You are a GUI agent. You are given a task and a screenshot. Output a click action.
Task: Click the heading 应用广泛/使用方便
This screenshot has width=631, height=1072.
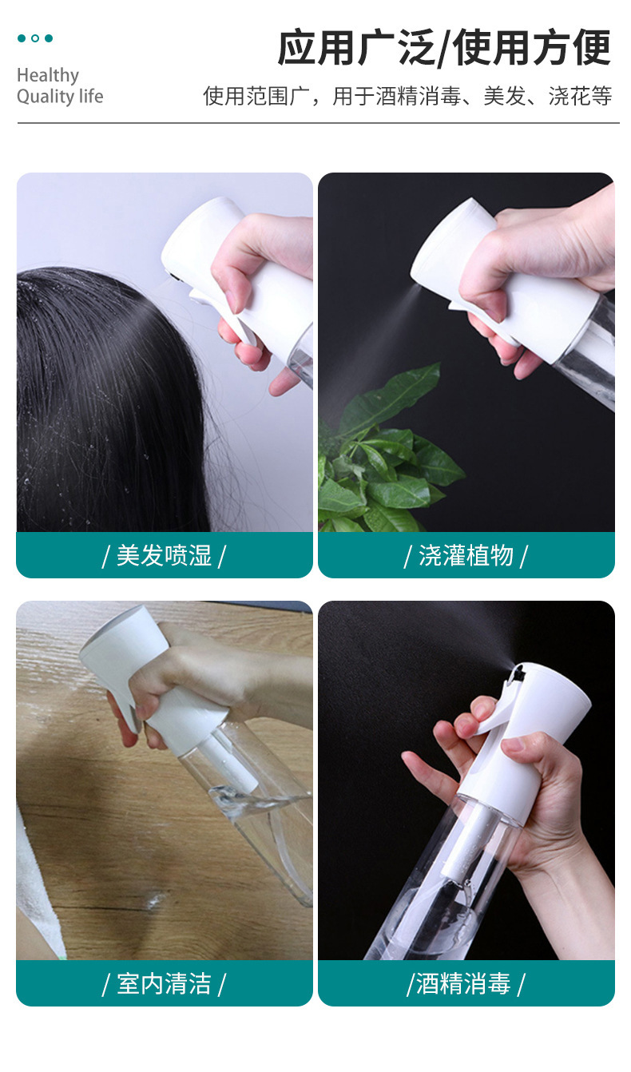click(x=444, y=47)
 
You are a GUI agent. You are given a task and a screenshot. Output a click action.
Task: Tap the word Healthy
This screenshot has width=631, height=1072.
click(x=48, y=75)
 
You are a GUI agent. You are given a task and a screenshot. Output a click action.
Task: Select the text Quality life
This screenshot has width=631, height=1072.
click(x=60, y=97)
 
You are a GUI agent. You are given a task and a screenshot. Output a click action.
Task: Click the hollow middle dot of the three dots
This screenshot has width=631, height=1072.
click(x=35, y=38)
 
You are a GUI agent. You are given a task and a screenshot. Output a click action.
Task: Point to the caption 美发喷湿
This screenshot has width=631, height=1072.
click(x=164, y=555)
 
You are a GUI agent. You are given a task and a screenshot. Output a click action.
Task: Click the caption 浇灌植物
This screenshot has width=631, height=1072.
click(x=466, y=555)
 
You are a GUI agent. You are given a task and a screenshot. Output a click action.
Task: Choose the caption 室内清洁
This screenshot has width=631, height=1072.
click(x=164, y=983)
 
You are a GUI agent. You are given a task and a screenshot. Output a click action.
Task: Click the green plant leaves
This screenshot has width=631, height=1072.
click(x=383, y=459)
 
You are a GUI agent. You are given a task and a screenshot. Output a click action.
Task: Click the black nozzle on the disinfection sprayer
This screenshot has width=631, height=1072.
click(x=518, y=674)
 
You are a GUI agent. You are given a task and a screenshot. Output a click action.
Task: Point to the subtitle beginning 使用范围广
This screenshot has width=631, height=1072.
click(x=407, y=96)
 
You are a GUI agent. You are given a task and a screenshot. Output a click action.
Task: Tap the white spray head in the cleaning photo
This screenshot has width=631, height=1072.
click(x=149, y=670)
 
